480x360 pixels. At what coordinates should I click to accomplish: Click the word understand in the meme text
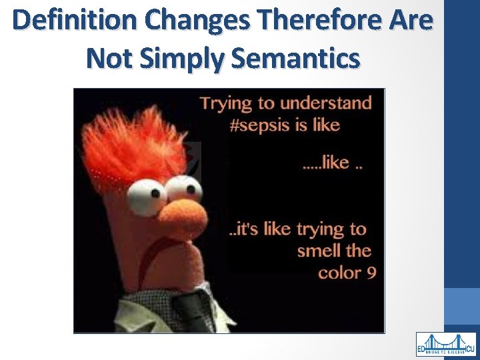[x=325, y=103]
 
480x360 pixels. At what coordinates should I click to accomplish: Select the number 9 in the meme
[x=371, y=273]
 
